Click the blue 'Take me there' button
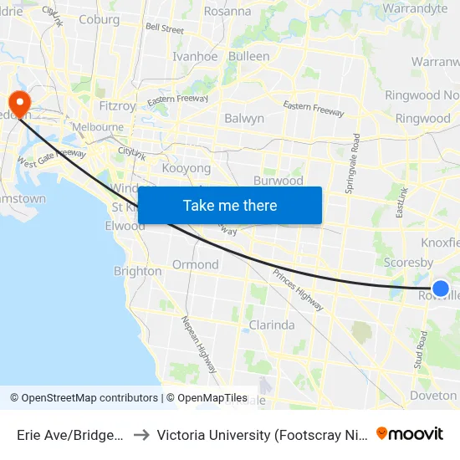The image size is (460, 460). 229,205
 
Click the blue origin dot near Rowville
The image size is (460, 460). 441,289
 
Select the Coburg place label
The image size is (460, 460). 99,20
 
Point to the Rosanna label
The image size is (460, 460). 227,12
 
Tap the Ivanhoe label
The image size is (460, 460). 195,57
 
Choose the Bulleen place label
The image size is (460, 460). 248,57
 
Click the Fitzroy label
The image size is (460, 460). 117,106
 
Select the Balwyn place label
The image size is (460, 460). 244,119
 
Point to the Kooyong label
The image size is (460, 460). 186,168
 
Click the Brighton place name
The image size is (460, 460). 138,271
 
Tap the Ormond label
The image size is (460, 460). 195,264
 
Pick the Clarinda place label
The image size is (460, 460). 272,325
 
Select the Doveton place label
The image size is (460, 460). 433,396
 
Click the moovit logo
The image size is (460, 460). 410,434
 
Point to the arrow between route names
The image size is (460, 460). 141,435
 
